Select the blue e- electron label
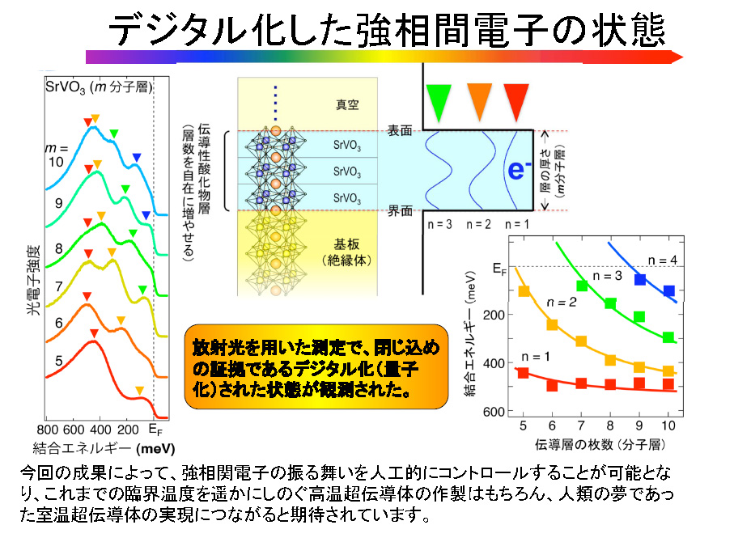click(519, 170)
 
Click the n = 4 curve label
click(662, 260)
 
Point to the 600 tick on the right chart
click(494, 412)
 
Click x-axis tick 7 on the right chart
click(581, 426)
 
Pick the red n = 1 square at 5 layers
click(524, 373)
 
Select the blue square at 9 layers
click(640, 279)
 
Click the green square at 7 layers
click(582, 285)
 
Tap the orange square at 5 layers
click(524, 291)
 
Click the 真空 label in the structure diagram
click(347, 105)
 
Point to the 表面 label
click(399, 130)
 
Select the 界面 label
click(399, 211)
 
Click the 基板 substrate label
click(346, 243)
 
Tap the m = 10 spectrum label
click(56, 155)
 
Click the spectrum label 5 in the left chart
click(58, 361)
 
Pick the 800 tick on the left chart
click(47, 430)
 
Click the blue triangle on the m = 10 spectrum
click(136, 157)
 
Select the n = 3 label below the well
click(439, 225)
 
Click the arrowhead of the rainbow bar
click(677, 57)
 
